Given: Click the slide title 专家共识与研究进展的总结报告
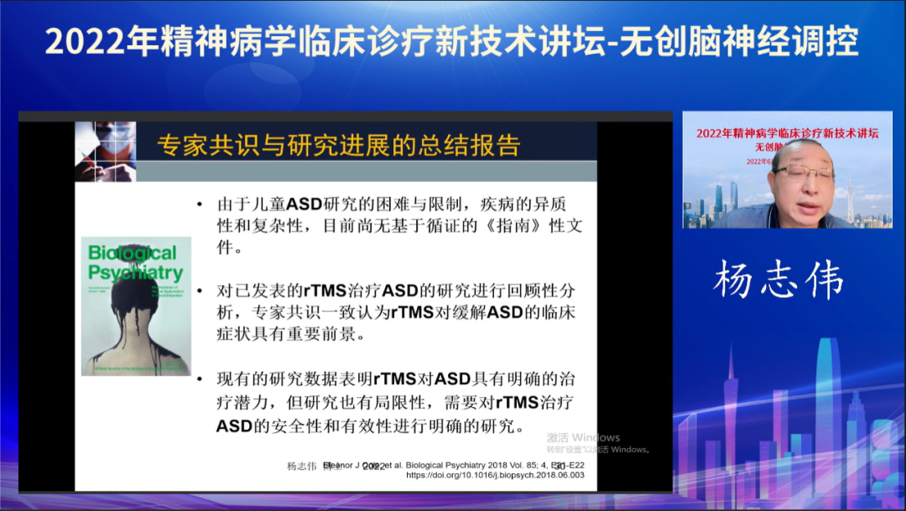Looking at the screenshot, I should coord(339,145).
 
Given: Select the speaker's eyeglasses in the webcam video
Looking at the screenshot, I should coord(803,172).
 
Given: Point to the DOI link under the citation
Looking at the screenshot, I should coord(495,475).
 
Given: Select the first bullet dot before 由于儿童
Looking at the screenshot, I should coord(199,204).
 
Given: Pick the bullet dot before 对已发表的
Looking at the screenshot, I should coord(199,291).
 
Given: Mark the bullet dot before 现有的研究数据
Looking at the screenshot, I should coord(199,379).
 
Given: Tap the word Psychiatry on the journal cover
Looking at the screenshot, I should coord(135,273).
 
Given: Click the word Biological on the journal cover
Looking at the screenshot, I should coord(133,253).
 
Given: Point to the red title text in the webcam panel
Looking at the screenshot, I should coord(787,133).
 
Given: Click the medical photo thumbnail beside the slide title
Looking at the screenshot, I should coord(105,151).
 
